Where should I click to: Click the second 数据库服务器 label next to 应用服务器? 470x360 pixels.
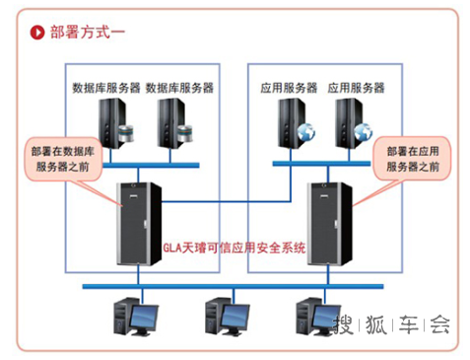tap(179, 87)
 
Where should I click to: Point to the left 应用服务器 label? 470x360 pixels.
tap(289, 87)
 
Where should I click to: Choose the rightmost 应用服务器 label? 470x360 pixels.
tap(356, 87)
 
